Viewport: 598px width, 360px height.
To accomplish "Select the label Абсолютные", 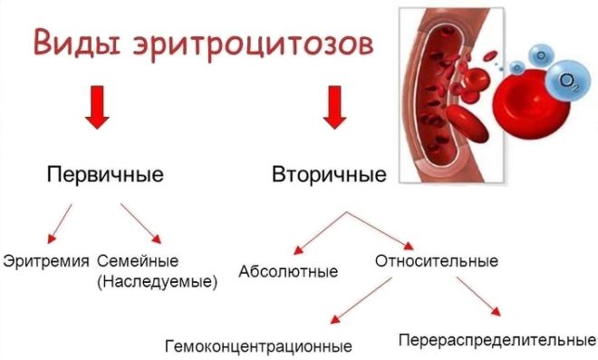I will [288, 271].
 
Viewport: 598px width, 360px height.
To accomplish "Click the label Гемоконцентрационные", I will [258, 345].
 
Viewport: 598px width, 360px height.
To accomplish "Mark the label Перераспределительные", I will [497, 341].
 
